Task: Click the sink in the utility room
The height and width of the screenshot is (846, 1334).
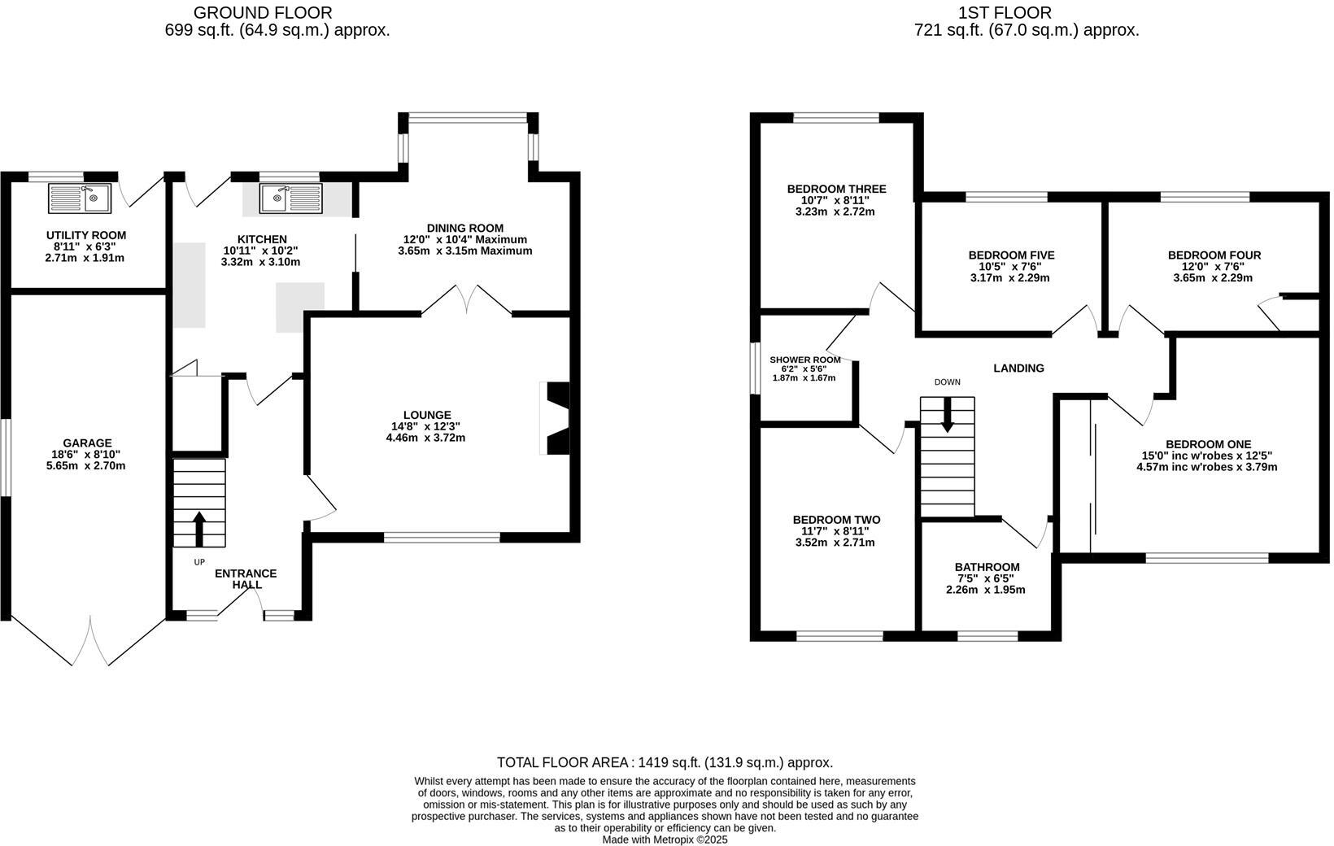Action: [80, 198]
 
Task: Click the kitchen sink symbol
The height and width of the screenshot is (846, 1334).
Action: [291, 198]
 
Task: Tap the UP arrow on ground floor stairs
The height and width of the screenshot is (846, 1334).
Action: [198, 528]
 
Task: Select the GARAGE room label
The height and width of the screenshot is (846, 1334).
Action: [89, 443]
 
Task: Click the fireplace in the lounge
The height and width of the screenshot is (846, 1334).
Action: [556, 418]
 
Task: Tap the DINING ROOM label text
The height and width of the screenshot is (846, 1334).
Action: [464, 228]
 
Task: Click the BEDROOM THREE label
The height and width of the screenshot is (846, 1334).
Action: [836, 189]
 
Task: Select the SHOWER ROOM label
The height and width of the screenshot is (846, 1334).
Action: [804, 360]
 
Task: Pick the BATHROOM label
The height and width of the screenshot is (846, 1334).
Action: [986, 567]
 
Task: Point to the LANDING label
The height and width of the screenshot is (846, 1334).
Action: [1018, 368]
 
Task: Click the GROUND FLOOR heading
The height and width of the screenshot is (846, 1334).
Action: [262, 12]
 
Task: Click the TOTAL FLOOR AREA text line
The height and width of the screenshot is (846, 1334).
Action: [665, 762]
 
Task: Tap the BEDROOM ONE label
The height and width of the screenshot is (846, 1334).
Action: [1207, 444]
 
